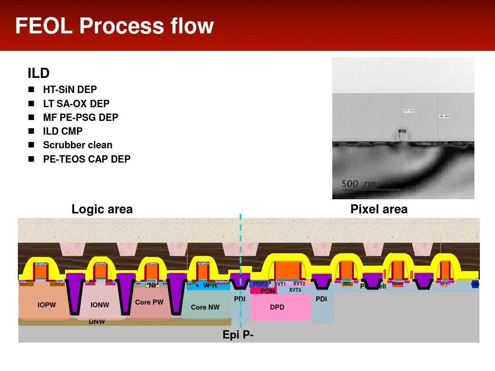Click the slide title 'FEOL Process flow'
tap(115, 26)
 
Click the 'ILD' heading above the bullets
tap(38, 73)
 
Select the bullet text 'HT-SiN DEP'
tap(70, 90)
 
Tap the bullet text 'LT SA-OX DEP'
tap(76, 104)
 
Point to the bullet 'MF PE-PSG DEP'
tap(81, 118)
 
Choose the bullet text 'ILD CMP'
tap(63, 131)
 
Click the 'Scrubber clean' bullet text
tap(77, 145)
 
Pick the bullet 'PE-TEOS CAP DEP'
tap(87, 159)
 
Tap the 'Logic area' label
tap(102, 209)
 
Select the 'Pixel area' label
tap(379, 209)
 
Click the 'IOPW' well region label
tap(47, 305)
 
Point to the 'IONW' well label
tap(99, 305)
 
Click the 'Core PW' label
tap(149, 302)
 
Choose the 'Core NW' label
tap(205, 307)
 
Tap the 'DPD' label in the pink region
tap(277, 307)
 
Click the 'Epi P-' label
tap(238, 335)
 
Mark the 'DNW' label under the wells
tap(97, 322)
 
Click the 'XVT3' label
tap(295, 290)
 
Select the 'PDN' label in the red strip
tap(268, 291)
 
